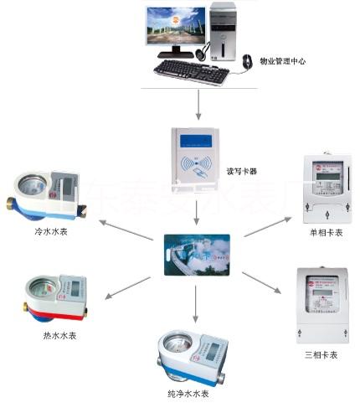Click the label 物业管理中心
283,61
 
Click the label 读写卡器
242,171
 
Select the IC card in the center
195,252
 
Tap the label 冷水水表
52,231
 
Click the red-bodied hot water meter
54,298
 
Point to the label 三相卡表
321,355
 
